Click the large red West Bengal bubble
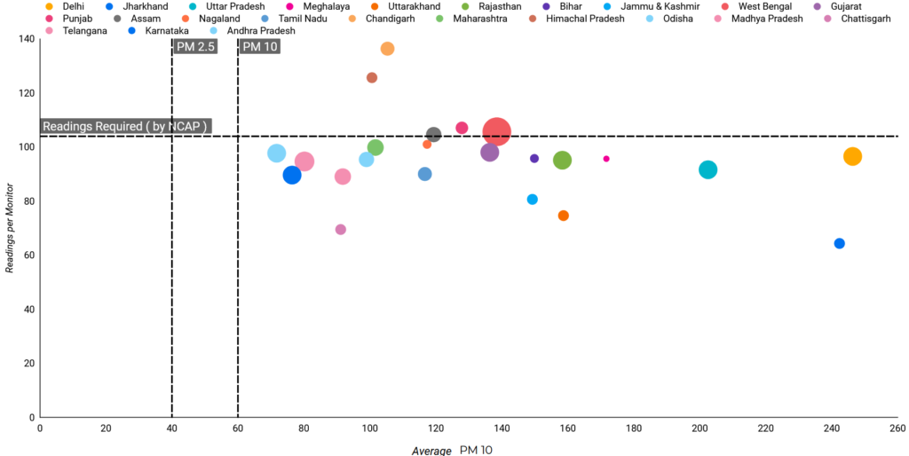[x=496, y=131]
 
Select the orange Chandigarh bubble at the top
[x=387, y=49]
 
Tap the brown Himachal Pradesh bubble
[x=372, y=78]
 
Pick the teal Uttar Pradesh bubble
[x=707, y=169]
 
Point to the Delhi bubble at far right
[x=852, y=157]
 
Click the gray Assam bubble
[x=433, y=135]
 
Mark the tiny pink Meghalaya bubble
[x=606, y=159]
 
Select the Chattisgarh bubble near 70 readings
[x=340, y=230]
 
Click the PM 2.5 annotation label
[x=195, y=47]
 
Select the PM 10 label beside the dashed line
[x=259, y=47]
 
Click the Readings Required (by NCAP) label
[x=124, y=127]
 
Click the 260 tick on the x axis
[x=897, y=428]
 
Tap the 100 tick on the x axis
[x=369, y=428]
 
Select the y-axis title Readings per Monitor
[x=11, y=228]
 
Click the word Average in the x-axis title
[x=431, y=451]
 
